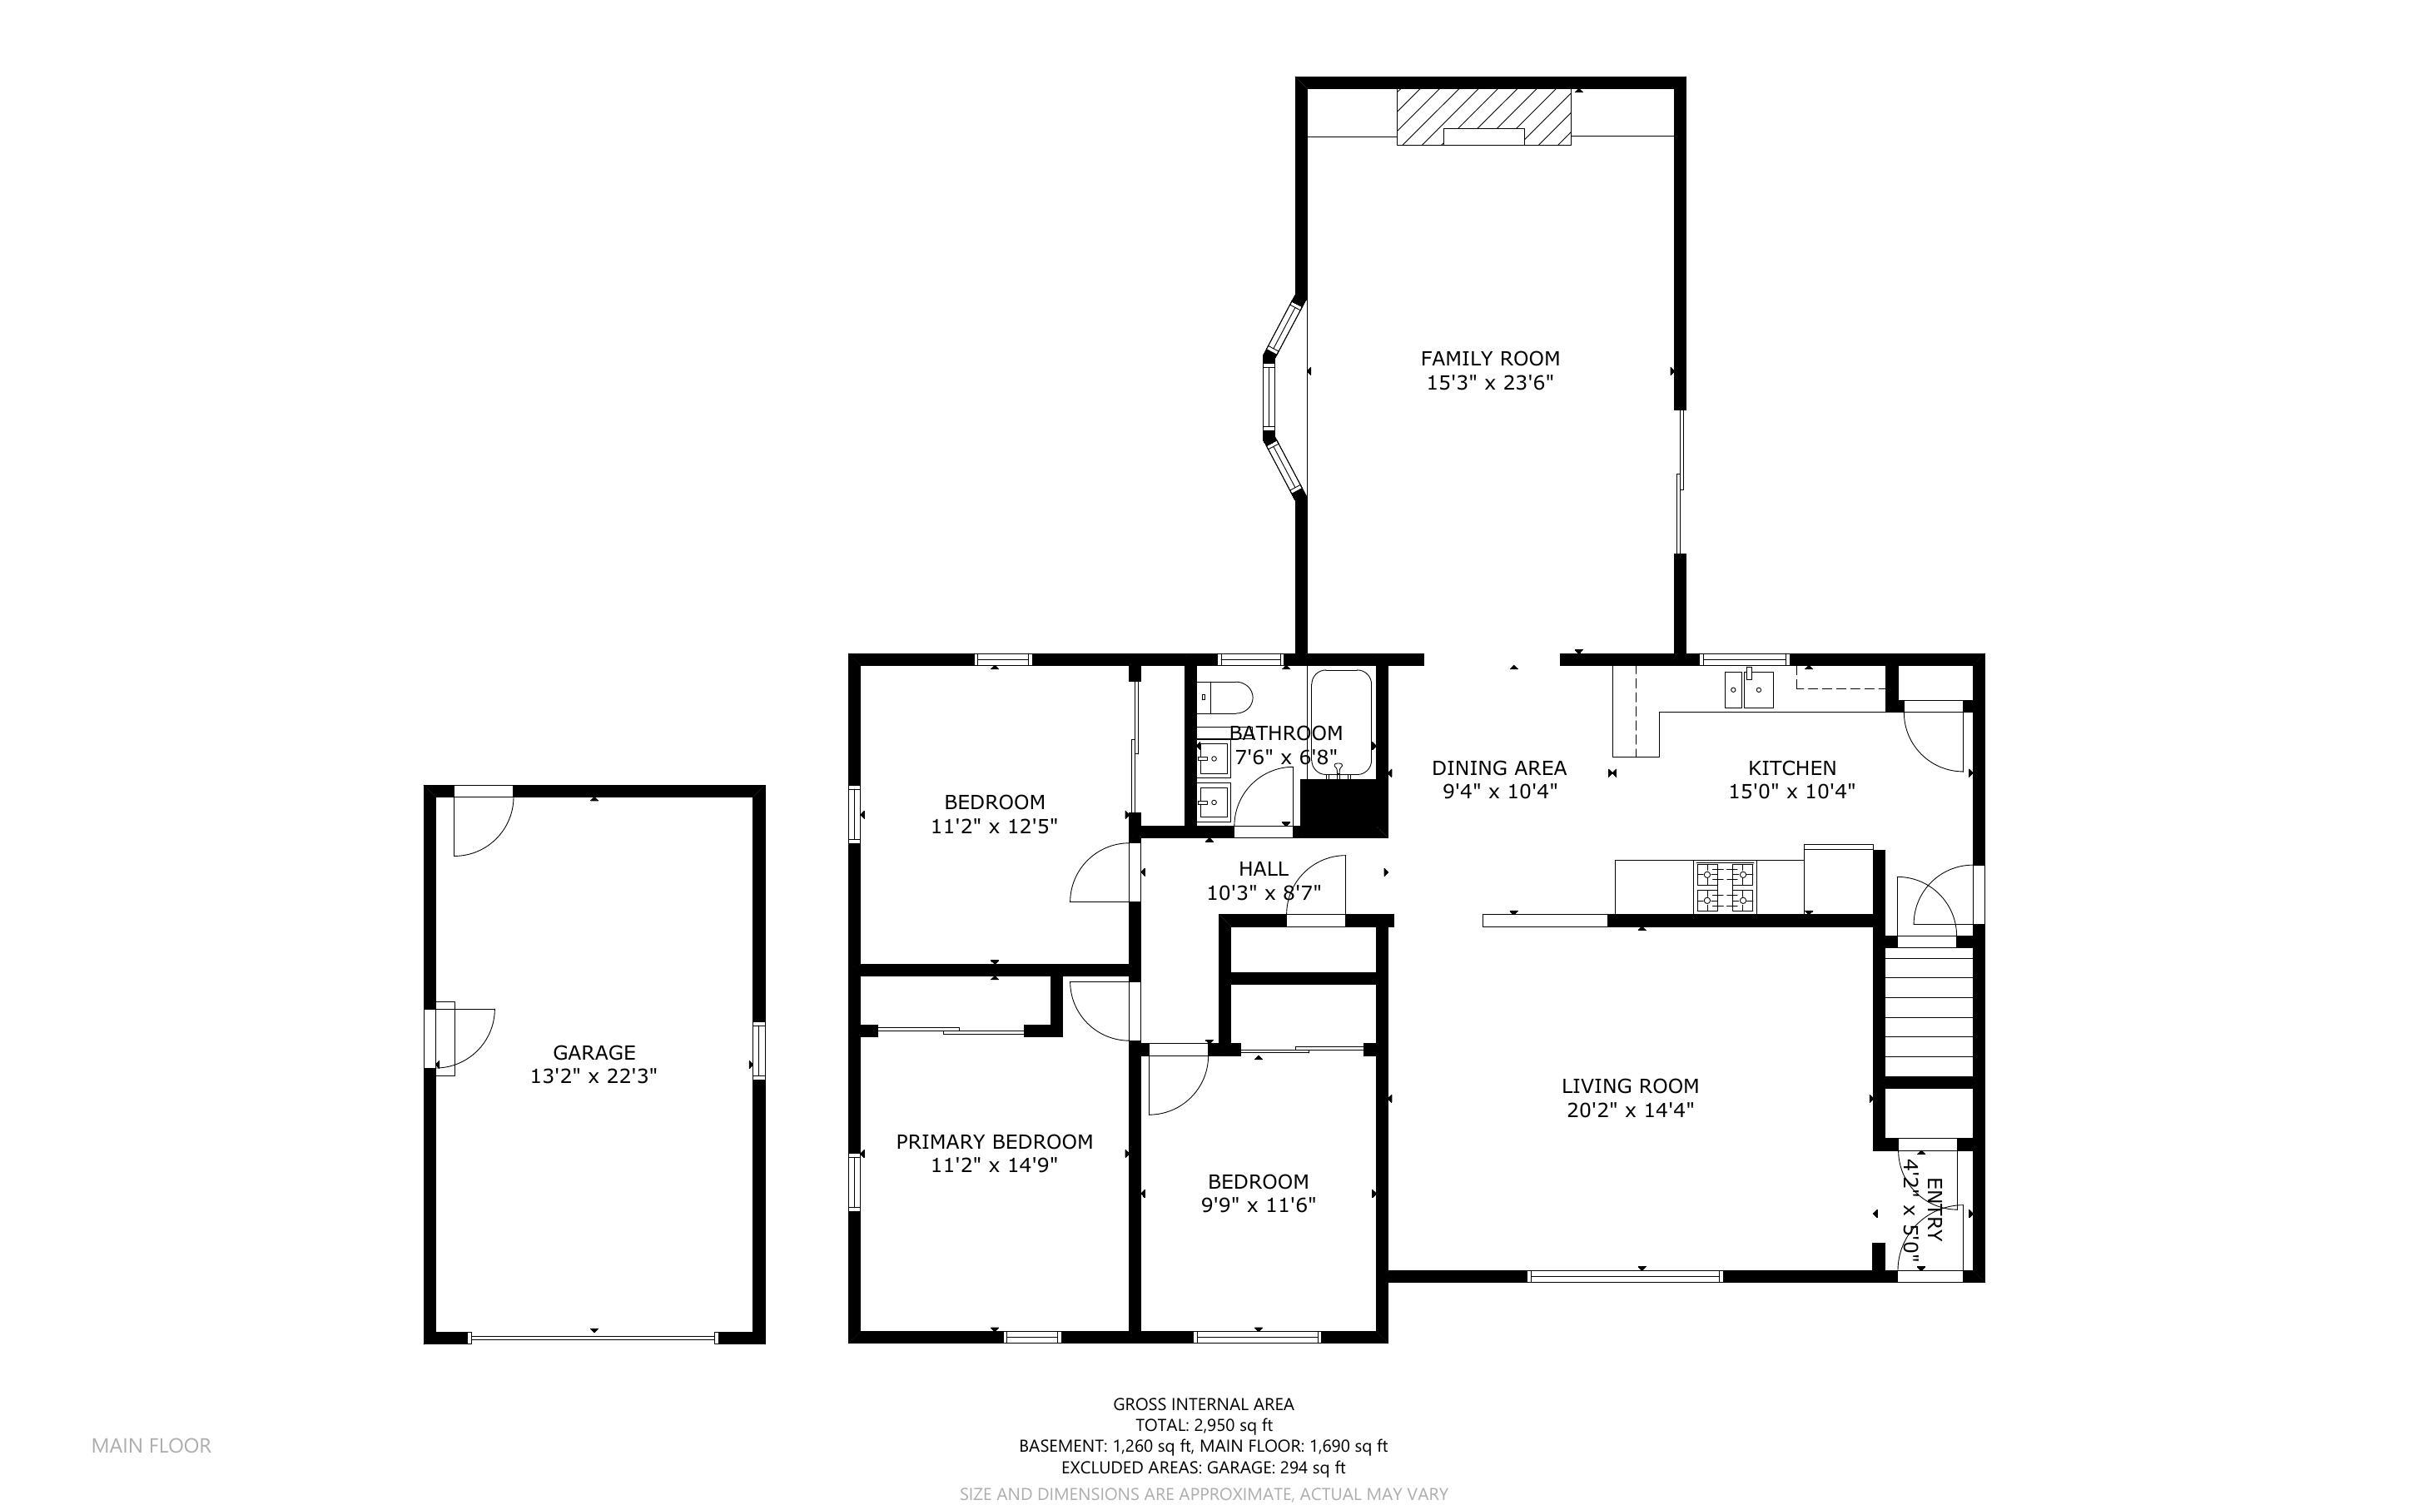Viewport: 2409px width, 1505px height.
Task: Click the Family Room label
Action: (1489, 358)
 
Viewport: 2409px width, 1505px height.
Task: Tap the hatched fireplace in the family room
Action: (1484, 117)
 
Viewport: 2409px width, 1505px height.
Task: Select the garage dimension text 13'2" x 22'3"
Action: (594, 1076)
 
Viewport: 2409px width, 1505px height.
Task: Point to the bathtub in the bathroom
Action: (1340, 722)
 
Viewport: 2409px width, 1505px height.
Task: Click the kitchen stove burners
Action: (1726, 887)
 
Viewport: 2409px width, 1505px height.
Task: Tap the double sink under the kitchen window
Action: (1749, 688)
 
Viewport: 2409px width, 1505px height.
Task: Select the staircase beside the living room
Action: (1930, 1011)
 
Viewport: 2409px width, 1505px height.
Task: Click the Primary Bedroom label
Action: (994, 1142)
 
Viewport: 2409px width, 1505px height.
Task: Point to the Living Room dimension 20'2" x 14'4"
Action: (1630, 1110)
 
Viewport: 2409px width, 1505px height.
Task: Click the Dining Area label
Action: (1498, 767)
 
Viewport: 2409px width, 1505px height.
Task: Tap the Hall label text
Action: (1264, 869)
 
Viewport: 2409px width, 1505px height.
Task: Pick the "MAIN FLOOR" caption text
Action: (151, 1445)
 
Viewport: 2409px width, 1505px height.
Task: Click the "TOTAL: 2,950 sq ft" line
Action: (1204, 1425)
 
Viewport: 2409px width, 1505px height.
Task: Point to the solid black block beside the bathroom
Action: (1343, 807)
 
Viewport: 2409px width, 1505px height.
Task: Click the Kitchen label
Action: (1792, 767)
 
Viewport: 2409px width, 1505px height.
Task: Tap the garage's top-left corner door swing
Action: (483, 823)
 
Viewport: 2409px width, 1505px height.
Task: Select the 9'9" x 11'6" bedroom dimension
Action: (1258, 1205)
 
